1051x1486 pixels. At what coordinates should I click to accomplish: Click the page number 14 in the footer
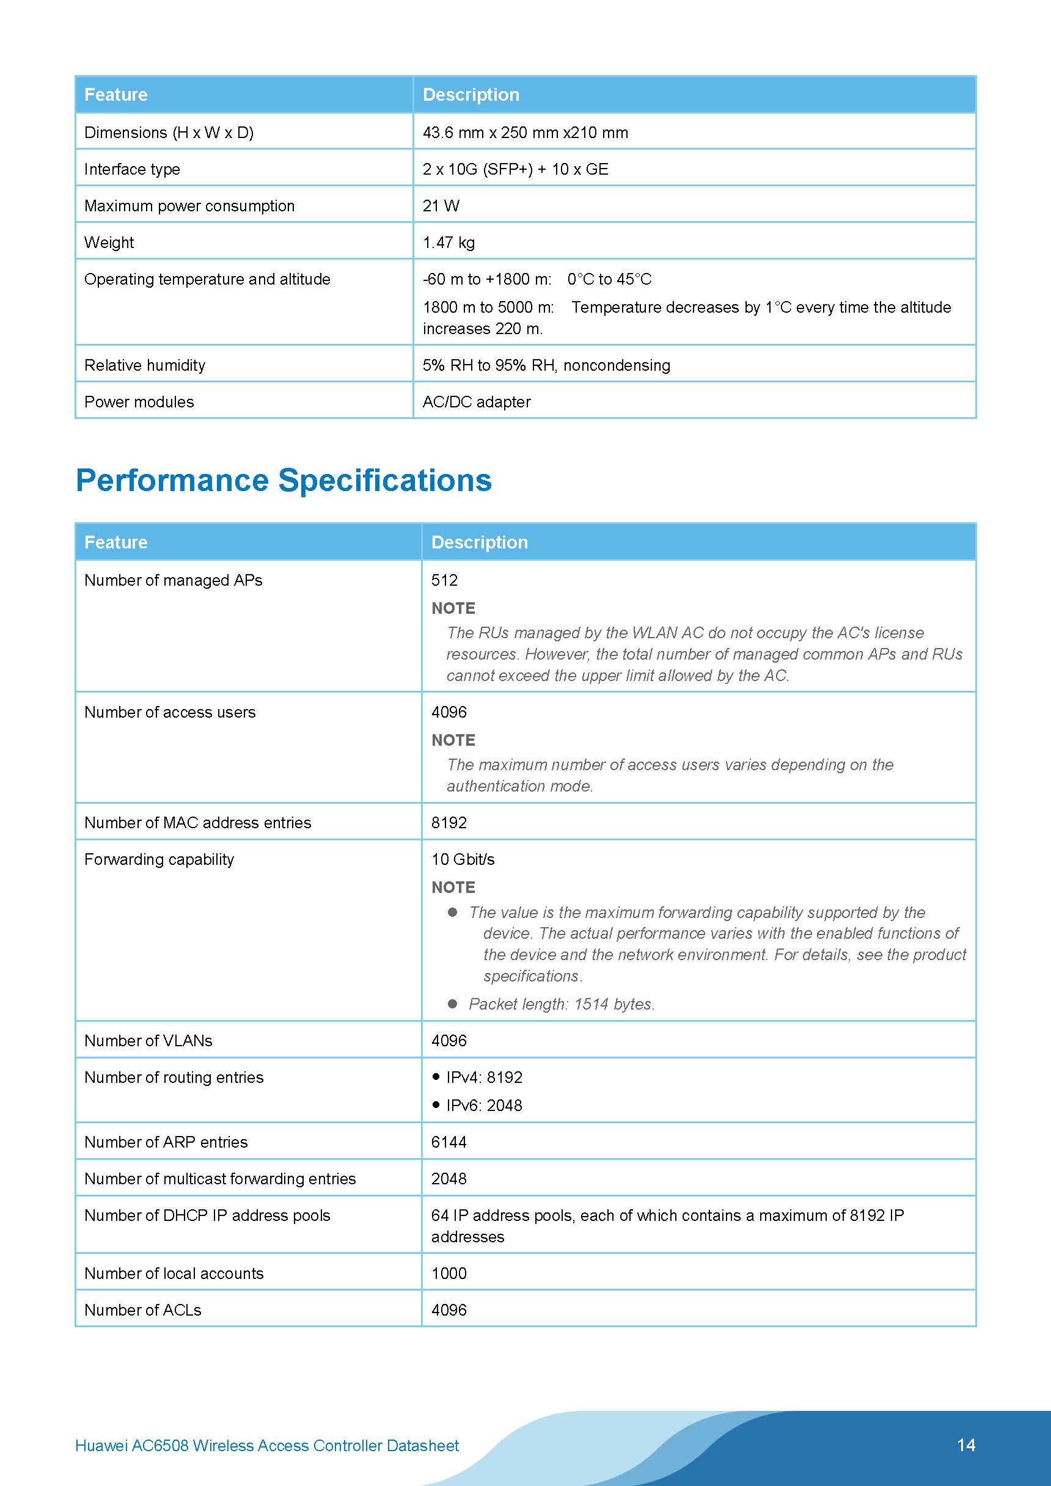pyautogui.click(x=965, y=1444)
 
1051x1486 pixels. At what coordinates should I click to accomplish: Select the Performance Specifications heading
pyautogui.click(x=284, y=480)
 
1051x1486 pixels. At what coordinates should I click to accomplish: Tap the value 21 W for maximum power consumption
pyautogui.click(x=441, y=206)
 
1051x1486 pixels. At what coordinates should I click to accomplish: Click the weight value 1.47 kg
pyautogui.click(x=449, y=242)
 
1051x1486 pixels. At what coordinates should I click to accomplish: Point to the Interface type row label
pyautogui.click(x=132, y=170)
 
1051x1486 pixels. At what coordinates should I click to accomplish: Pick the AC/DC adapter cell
pyautogui.click(x=477, y=402)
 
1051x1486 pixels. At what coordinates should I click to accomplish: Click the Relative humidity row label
pyautogui.click(x=144, y=365)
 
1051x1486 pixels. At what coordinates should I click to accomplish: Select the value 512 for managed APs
pyautogui.click(x=444, y=580)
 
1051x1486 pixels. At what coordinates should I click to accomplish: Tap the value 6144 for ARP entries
pyautogui.click(x=449, y=1142)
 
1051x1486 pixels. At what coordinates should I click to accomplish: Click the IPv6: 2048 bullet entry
pyautogui.click(x=484, y=1105)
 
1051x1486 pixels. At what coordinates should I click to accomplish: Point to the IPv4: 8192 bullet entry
pyautogui.click(x=484, y=1077)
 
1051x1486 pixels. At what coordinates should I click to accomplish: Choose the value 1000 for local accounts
pyautogui.click(x=449, y=1273)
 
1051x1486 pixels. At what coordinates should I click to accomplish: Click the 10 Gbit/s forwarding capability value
pyautogui.click(x=463, y=859)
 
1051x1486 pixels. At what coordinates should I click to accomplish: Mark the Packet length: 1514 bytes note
pyautogui.click(x=562, y=1004)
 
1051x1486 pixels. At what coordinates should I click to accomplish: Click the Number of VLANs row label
pyautogui.click(x=148, y=1040)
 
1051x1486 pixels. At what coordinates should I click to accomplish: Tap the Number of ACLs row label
pyautogui.click(x=142, y=1310)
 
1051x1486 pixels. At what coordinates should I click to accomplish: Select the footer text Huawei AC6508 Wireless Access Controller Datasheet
pyautogui.click(x=267, y=1445)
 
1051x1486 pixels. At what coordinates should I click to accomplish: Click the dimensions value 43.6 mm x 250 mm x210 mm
pyautogui.click(x=525, y=133)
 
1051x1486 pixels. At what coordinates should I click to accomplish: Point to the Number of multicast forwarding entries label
pyautogui.click(x=220, y=1179)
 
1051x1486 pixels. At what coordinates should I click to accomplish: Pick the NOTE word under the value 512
pyautogui.click(x=453, y=608)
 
